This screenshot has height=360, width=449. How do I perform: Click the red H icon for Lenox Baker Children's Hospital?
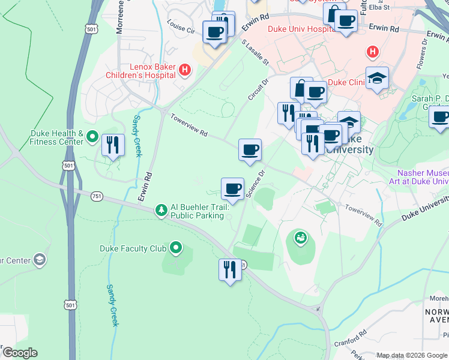pyautogui.click(x=185, y=70)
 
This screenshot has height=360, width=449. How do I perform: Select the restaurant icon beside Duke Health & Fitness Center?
pyautogui.click(x=113, y=145)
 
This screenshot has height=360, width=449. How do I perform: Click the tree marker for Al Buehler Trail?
pyautogui.click(x=161, y=210)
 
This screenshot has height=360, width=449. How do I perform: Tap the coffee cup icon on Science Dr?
pyautogui.click(x=232, y=189)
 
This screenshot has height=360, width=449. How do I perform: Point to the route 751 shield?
pyautogui.click(x=97, y=196)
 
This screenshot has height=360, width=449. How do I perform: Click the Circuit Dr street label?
pyautogui.click(x=258, y=88)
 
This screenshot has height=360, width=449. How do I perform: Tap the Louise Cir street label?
pyautogui.click(x=181, y=29)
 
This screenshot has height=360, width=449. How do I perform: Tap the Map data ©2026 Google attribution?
pyautogui.click(x=411, y=355)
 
